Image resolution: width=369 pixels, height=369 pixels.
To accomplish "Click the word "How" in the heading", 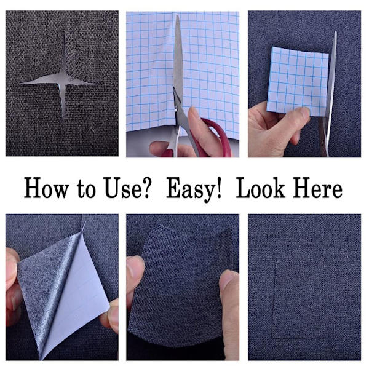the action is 47,188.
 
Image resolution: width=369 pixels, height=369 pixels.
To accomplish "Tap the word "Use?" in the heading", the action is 127,188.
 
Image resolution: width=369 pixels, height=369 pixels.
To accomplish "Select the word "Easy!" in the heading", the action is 194,189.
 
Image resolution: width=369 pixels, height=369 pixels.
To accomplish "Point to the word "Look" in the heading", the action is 261,188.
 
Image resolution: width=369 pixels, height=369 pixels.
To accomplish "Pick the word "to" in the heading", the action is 86,189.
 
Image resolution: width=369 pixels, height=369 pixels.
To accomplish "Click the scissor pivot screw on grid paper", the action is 175,109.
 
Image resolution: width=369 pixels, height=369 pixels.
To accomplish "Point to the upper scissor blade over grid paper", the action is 178,59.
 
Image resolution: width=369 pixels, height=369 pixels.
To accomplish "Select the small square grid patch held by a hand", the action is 298,81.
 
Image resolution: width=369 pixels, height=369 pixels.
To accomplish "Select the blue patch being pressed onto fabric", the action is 181,285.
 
